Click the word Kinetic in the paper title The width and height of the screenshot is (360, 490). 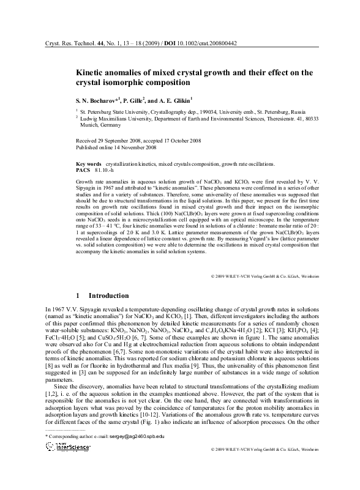pos(91,72)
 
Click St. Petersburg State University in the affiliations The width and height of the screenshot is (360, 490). pos(116,113)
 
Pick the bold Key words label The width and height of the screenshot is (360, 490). pos(88,165)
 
